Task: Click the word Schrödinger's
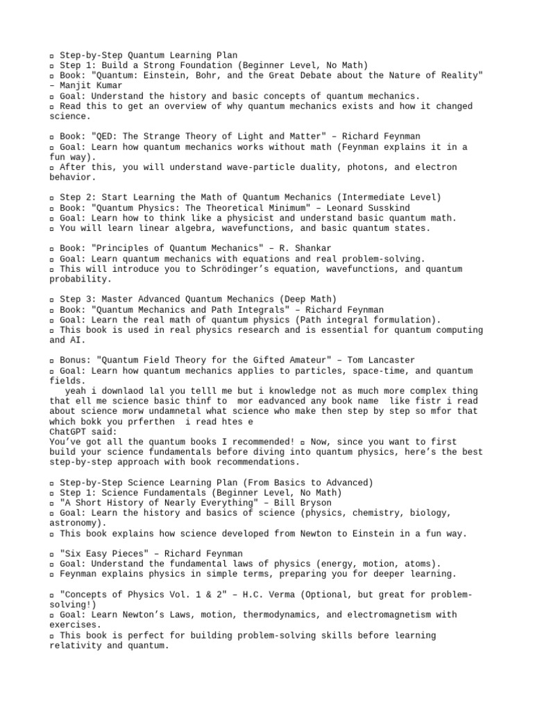click(210, 269)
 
